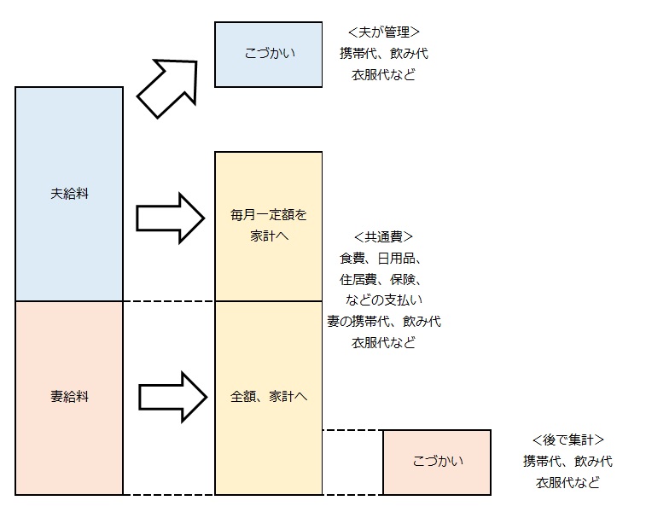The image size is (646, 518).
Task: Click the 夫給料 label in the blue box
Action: (x=69, y=194)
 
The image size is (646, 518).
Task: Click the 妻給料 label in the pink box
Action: (x=69, y=397)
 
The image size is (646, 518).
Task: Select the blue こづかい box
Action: (x=268, y=55)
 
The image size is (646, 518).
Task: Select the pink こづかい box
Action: (x=436, y=462)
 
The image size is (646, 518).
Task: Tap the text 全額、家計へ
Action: (x=268, y=397)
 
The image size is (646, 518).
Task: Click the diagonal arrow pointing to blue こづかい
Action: (x=167, y=87)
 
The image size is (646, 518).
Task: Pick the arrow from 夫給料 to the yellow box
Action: (x=170, y=219)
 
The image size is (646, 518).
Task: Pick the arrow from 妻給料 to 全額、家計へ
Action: (x=172, y=396)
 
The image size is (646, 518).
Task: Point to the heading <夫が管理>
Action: (x=383, y=32)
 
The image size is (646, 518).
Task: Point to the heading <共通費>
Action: (x=383, y=236)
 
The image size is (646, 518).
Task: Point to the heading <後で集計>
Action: (x=567, y=440)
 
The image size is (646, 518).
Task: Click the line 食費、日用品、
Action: (x=383, y=258)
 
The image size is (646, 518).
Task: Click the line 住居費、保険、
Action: (x=383, y=279)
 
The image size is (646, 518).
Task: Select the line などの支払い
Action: (x=383, y=300)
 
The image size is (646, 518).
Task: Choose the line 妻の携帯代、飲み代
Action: (x=383, y=322)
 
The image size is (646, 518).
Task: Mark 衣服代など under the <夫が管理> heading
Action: (x=383, y=75)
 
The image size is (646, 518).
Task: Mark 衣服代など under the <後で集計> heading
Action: (x=567, y=483)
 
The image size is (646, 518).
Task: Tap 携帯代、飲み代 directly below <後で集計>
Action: (x=567, y=462)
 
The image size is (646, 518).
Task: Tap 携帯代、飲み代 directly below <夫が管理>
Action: (x=383, y=54)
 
